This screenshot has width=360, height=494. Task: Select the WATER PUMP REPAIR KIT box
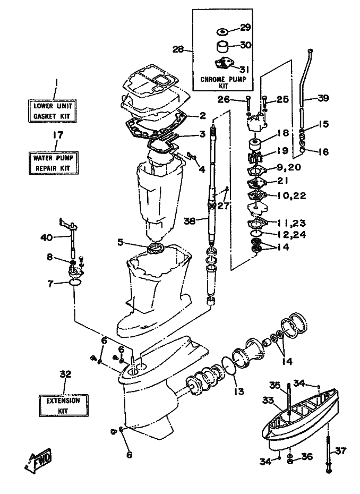52,163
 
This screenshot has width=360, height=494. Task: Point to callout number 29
245,28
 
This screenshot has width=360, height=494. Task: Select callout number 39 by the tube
323,97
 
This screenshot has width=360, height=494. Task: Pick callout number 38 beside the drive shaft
189,220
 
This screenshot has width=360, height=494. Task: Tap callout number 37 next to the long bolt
340,452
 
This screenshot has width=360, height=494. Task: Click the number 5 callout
121,243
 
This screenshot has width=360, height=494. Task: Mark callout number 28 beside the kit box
178,50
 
